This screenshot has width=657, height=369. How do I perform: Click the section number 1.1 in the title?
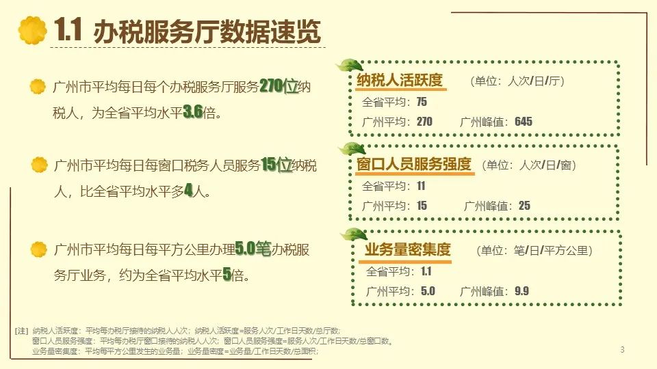68,29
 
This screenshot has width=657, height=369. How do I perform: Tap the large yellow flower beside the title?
33,30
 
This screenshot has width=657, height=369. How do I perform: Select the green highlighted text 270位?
279,86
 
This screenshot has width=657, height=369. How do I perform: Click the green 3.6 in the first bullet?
193,111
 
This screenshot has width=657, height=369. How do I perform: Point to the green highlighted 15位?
276,165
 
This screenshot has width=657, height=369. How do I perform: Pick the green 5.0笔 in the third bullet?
253,249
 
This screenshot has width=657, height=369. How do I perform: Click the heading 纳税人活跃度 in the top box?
400,80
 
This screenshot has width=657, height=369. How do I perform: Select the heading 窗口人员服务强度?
414,164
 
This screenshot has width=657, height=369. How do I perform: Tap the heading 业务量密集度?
408,250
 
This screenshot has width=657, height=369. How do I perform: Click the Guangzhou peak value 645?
524,122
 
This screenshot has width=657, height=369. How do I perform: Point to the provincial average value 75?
422,102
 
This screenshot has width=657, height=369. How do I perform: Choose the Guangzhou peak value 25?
524,206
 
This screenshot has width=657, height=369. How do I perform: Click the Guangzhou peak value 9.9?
521,291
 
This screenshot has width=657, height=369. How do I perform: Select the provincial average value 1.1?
426,271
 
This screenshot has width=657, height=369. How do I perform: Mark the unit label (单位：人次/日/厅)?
517,81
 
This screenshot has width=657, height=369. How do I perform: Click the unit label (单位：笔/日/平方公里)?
534,250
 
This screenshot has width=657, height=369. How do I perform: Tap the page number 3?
622,349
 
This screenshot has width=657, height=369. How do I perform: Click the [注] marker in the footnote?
21,331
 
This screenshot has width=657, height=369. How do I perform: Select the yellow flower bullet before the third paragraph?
39,249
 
